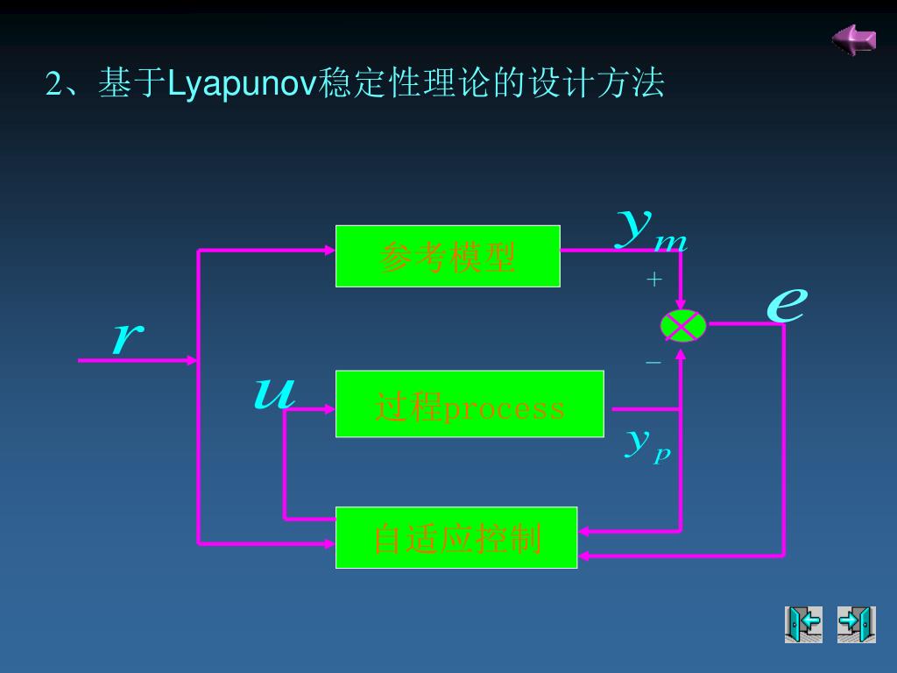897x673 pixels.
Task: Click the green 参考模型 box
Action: pos(448,257)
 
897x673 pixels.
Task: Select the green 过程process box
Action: pos(470,404)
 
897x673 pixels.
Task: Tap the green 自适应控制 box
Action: pos(456,537)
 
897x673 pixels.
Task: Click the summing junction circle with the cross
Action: pos(683,326)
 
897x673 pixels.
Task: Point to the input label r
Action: pos(128,336)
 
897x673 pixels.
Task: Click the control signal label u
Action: pos(274,393)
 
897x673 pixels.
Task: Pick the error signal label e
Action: pos(787,304)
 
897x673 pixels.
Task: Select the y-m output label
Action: pos(652,230)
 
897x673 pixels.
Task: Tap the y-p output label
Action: pos(647,445)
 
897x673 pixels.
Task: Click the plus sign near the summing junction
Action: pos(653,280)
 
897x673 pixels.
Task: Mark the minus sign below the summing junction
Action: pos(653,362)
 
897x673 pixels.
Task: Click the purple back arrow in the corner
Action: pos(854,39)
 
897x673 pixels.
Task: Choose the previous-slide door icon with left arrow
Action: pos(803,624)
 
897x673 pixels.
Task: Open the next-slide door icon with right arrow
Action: pos(857,624)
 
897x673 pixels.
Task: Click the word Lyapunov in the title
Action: pos(242,83)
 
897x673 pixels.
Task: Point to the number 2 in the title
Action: pos(53,83)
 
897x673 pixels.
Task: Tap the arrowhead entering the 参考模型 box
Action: pos(330,250)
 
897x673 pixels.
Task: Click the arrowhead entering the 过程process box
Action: pos(330,409)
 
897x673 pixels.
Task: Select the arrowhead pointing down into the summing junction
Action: pos(681,303)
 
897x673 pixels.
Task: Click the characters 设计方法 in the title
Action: pos(596,83)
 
